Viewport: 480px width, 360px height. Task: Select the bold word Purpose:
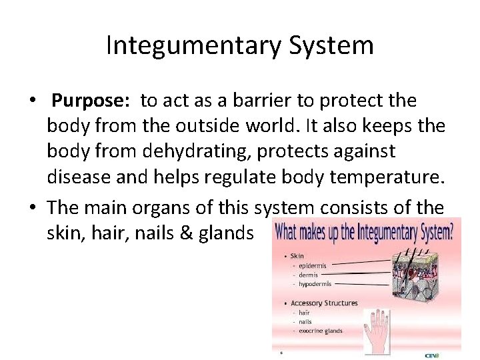93,101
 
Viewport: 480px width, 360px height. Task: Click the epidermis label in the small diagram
312,264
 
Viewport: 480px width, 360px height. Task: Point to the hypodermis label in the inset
316,283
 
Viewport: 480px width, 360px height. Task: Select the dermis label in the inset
308,274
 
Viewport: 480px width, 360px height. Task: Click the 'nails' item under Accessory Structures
305,321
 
